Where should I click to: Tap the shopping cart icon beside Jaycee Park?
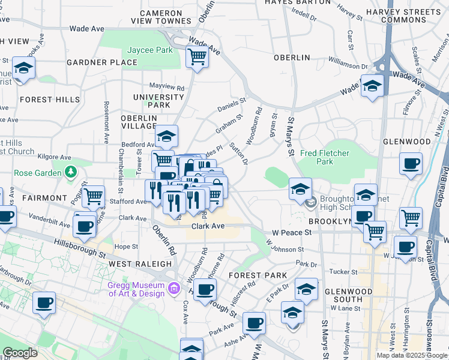(197, 58)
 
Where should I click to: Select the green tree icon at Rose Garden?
(71, 173)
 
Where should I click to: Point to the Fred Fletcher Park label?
(325, 157)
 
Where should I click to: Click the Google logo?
(20, 353)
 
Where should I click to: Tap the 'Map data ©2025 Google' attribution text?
(412, 355)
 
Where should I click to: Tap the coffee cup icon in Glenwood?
(411, 164)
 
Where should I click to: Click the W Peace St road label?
(292, 232)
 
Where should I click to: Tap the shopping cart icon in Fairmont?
(93, 196)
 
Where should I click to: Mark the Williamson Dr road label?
(348, 64)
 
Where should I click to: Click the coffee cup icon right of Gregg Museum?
(205, 290)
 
